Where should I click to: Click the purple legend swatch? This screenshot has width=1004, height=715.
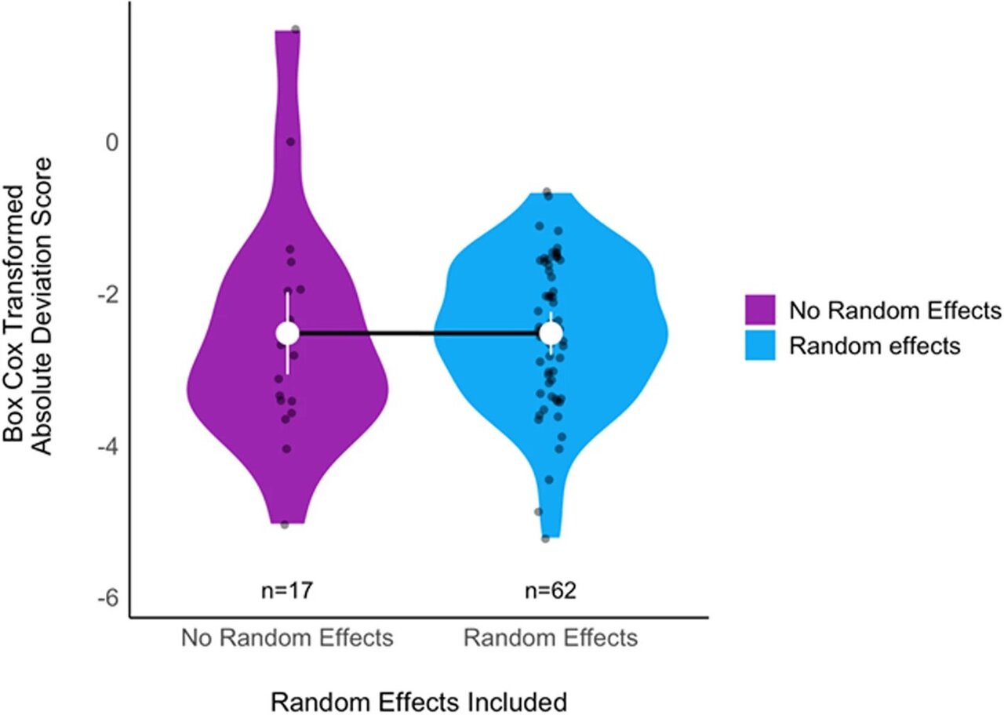click(x=759, y=311)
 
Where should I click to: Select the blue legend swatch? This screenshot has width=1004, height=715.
click(x=759, y=345)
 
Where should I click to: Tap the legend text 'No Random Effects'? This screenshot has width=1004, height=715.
click(x=895, y=311)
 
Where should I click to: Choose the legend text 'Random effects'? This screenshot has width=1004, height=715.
click(x=875, y=345)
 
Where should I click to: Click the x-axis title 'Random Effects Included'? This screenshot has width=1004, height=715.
click(x=419, y=700)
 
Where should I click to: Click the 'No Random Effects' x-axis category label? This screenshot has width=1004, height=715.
click(x=287, y=638)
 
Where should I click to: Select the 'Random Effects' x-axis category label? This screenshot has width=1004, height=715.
click(x=551, y=638)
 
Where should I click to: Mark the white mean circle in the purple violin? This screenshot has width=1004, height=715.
click(x=288, y=333)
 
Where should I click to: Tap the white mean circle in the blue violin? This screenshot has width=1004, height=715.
click(x=551, y=333)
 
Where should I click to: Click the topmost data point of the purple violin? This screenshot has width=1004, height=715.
click(x=296, y=29)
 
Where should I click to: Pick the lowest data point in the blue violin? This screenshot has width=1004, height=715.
click(x=545, y=539)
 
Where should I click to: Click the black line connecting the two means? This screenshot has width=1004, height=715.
click(x=420, y=333)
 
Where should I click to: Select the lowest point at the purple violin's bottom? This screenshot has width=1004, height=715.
click(x=284, y=524)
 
